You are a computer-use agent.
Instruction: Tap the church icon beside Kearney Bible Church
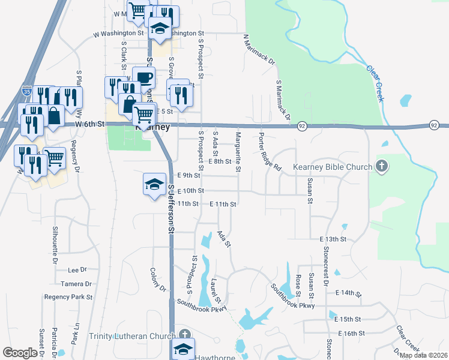381,166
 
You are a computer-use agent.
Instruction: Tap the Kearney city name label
153,128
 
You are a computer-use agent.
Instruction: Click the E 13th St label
333,239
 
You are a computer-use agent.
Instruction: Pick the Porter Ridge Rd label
270,152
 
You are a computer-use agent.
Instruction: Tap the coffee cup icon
143,78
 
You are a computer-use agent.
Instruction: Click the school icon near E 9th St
154,184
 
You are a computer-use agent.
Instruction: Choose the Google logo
20,353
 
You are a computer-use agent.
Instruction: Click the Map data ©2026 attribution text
424,355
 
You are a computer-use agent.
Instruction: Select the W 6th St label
91,124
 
